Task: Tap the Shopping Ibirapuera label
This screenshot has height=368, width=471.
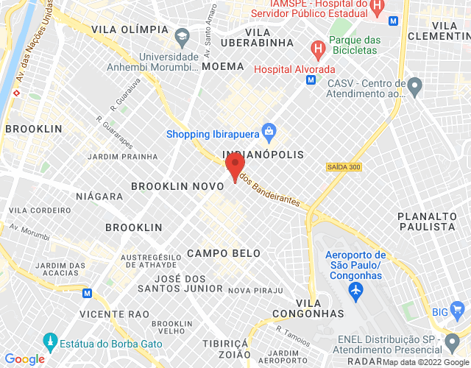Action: pos(212,134)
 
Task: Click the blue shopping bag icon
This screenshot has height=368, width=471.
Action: pos(268,133)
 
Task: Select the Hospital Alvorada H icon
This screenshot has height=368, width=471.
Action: pos(318,51)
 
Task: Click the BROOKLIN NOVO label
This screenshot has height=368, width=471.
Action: pos(177,186)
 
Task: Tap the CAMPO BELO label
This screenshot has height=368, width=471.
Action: pos(224,253)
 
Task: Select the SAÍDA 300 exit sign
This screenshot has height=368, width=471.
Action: pos(344,168)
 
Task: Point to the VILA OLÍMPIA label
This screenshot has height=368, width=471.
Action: pos(130,29)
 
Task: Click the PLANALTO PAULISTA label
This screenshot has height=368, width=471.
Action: pos(427,221)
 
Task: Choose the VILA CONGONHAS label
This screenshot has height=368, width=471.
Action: pos(319,308)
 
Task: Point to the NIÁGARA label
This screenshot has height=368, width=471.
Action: pos(99,197)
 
